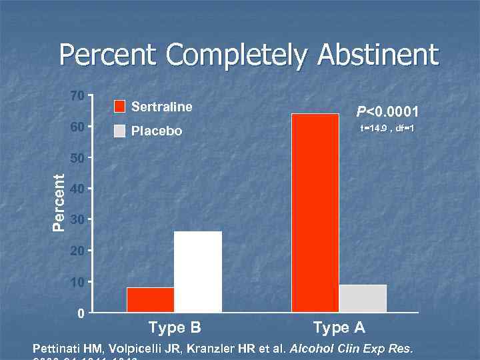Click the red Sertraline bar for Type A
(x=315, y=213)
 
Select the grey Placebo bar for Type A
(x=363, y=298)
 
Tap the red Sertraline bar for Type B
(x=150, y=299)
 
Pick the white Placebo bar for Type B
(x=197, y=271)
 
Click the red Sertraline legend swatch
(x=119, y=107)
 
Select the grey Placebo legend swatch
(x=119, y=131)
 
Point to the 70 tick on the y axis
(x=77, y=96)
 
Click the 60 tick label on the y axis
(x=77, y=127)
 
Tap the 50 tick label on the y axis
(x=77, y=158)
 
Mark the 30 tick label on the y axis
(x=77, y=220)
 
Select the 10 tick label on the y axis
(x=77, y=282)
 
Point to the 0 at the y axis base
(x=81, y=313)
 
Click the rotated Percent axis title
(x=59, y=203)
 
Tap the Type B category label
(x=175, y=327)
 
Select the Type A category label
(x=339, y=327)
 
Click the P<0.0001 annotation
(x=387, y=111)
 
